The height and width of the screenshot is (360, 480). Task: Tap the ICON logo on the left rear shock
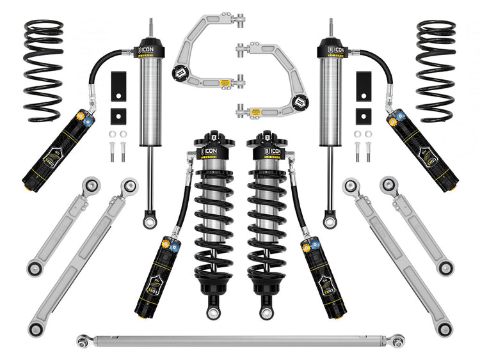(148, 49)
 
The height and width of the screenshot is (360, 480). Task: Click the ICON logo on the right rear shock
(332, 49)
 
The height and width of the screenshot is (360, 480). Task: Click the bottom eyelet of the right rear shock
(329, 221)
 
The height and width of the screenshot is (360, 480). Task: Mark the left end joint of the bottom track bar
(83, 341)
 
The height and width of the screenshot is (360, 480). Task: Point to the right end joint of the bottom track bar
(397, 341)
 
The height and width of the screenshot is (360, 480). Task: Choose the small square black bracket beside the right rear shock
(362, 116)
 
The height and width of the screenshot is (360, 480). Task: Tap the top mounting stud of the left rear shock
(151, 27)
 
